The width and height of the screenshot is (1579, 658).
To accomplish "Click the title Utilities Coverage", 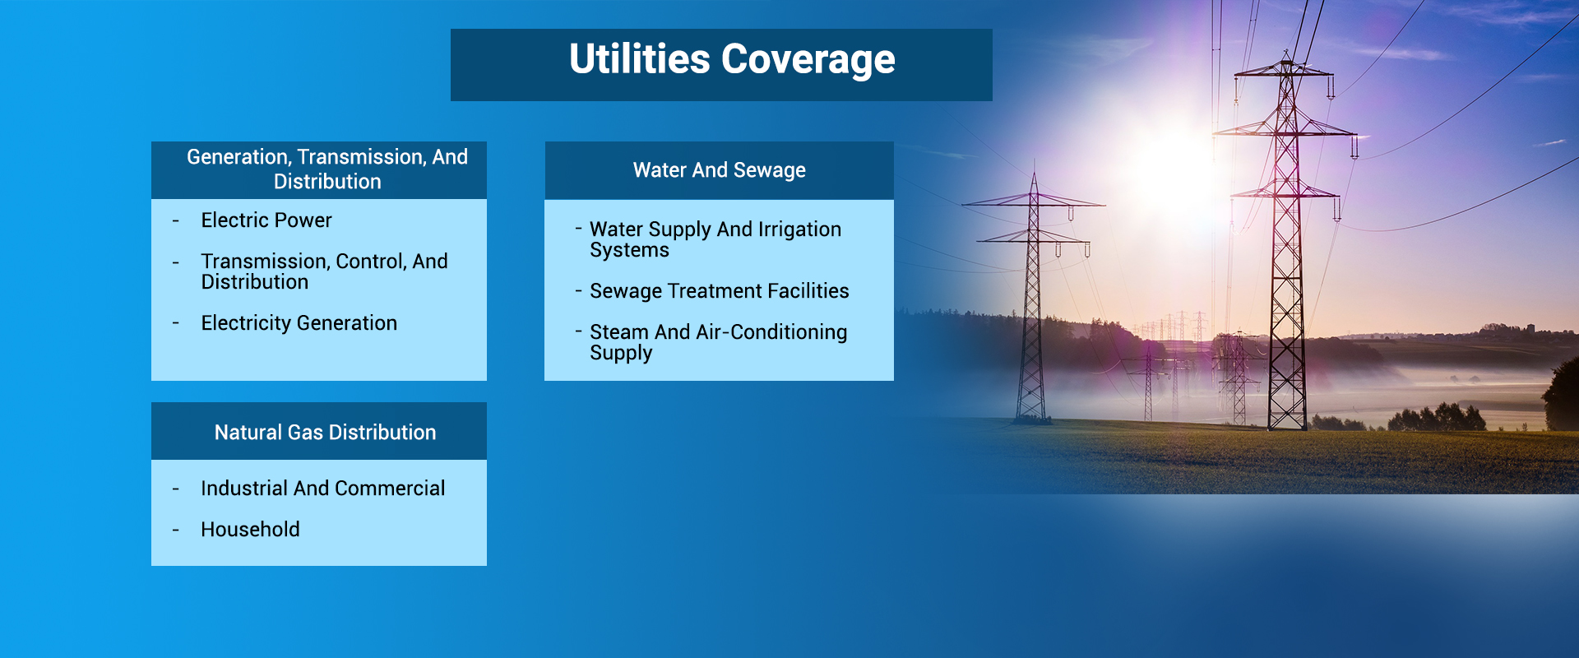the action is pyautogui.click(x=732, y=60).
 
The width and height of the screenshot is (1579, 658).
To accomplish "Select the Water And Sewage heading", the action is pyautogui.click(x=719, y=170).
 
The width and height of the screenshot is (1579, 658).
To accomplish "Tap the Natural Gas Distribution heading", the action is pyautogui.click(x=325, y=433).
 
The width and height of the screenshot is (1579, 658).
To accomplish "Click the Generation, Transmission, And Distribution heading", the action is pyautogui.click(x=327, y=169).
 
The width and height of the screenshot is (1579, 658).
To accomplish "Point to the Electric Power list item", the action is pyautogui.click(x=266, y=220).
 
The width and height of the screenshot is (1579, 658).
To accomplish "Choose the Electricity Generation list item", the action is pyautogui.click(x=299, y=323).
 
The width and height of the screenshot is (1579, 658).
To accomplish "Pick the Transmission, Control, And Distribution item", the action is pyautogui.click(x=325, y=271).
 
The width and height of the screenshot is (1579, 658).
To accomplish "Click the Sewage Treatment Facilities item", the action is pyautogui.click(x=720, y=291).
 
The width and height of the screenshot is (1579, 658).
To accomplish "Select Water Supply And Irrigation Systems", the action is pyautogui.click(x=715, y=239).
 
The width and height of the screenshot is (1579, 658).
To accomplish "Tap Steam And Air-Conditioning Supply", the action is pyautogui.click(x=719, y=342).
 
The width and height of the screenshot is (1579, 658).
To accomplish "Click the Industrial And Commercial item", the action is pyautogui.click(x=323, y=489).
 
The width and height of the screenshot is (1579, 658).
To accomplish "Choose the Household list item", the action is pyautogui.click(x=250, y=530).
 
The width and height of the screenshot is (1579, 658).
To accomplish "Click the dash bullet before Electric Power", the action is pyautogui.click(x=175, y=221).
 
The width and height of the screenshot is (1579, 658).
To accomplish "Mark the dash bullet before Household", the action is pyautogui.click(x=175, y=531).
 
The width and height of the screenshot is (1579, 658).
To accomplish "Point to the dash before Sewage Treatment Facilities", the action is pyautogui.click(x=578, y=290).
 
